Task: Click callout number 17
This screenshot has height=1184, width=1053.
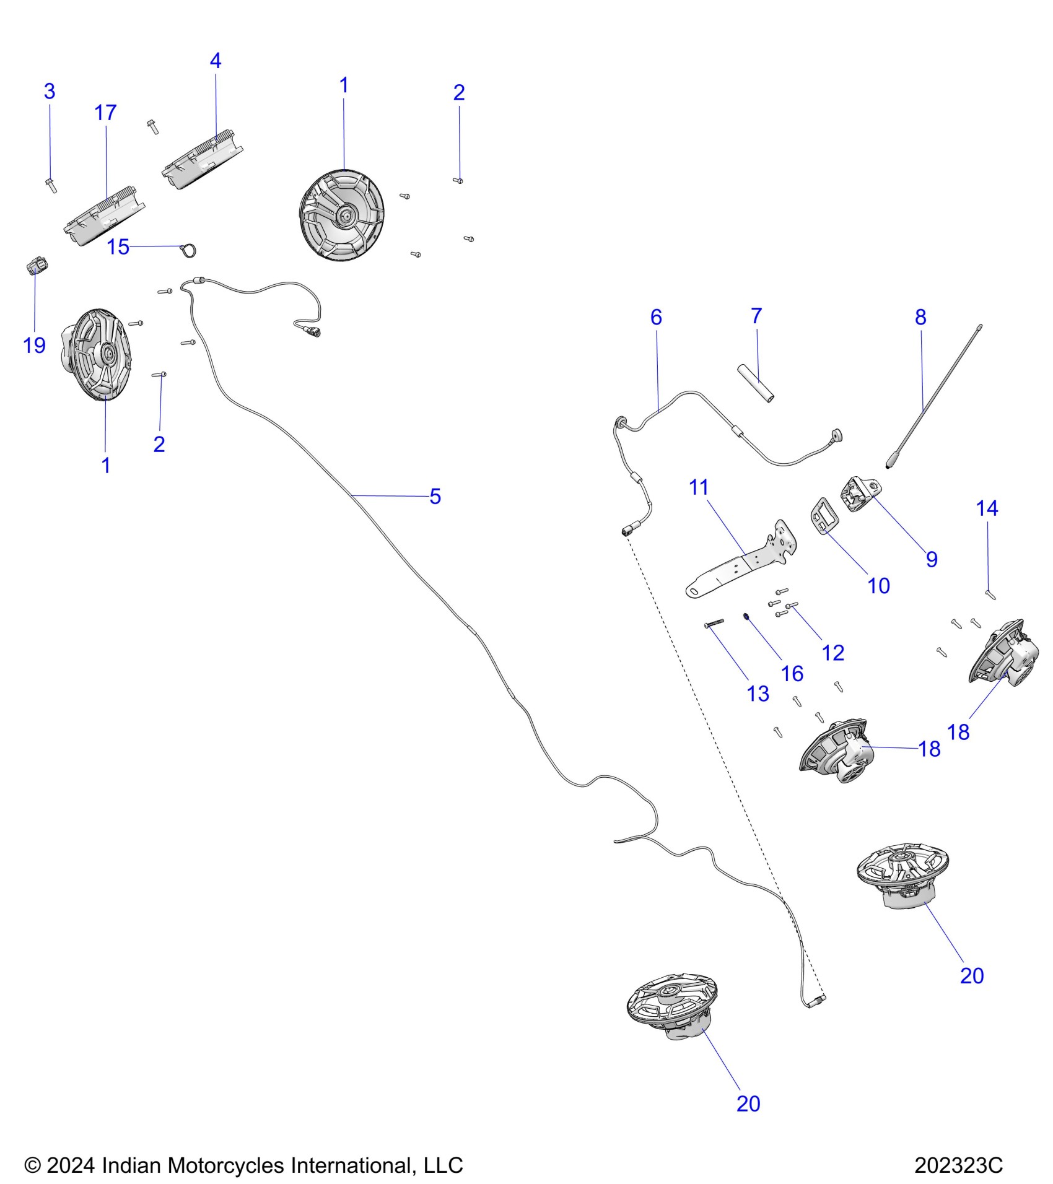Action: [x=105, y=113]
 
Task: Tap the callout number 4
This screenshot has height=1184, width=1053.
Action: [x=215, y=61]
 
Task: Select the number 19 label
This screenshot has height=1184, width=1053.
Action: [x=35, y=345]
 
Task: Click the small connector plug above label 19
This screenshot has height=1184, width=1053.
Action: [x=37, y=267]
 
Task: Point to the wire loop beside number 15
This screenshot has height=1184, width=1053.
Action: [x=188, y=250]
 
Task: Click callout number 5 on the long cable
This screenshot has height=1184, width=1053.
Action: [x=435, y=496]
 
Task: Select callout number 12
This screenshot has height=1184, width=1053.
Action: [x=832, y=653]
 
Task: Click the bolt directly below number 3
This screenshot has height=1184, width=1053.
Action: [x=50, y=184]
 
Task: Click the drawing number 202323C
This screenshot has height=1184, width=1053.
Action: [x=958, y=1165]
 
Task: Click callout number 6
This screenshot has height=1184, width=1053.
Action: [x=656, y=318]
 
